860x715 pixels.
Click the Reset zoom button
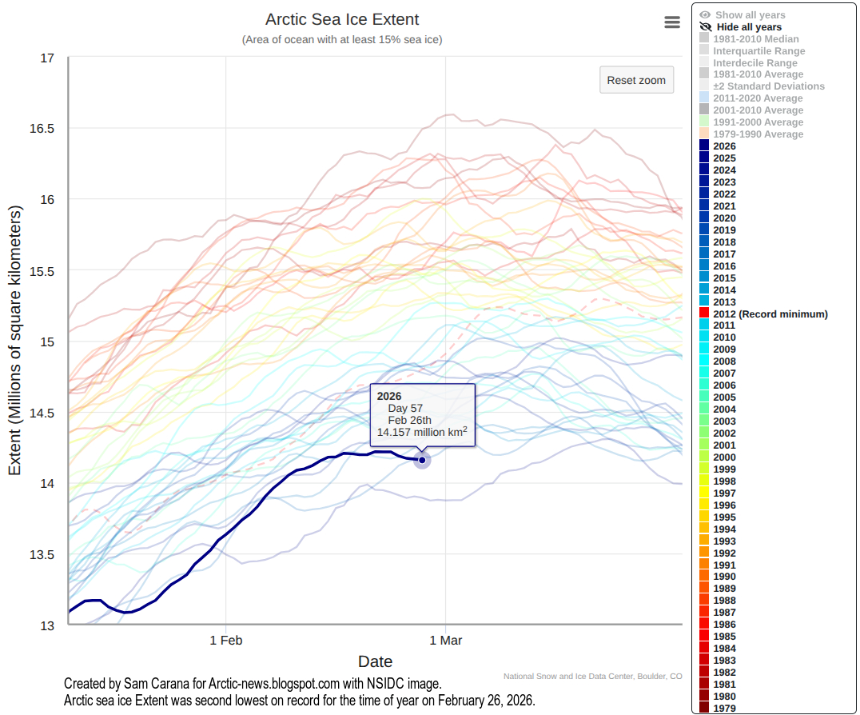636,81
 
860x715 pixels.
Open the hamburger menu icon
672,22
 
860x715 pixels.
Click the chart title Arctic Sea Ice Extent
342,20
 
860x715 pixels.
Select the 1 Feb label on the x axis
226,640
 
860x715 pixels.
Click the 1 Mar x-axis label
446,640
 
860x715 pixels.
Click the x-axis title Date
375,661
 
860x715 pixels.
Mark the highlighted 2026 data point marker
422,459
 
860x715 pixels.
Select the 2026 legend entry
724,146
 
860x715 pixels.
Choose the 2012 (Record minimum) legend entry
770,314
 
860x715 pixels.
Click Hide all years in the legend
748,27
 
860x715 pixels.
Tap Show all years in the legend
750,15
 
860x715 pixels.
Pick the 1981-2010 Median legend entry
755,39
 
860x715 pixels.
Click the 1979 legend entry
724,709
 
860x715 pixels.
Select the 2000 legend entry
724,457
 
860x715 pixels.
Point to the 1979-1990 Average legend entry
758,134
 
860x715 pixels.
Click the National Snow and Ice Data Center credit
592,677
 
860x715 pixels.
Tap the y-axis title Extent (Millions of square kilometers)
15,340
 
